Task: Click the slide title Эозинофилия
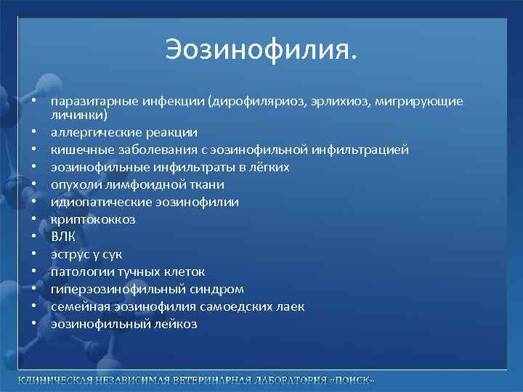(x=261, y=51)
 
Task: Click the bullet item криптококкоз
(x=93, y=219)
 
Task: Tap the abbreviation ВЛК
(x=63, y=237)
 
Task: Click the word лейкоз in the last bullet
(x=174, y=324)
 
